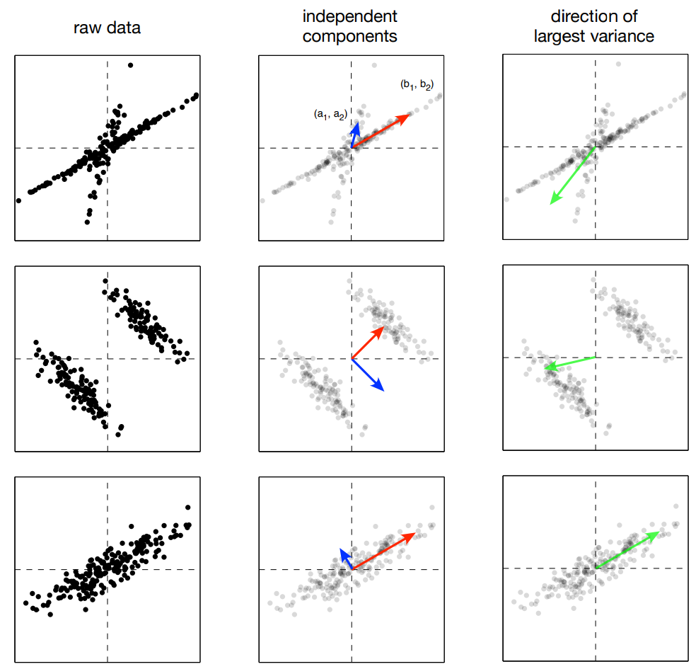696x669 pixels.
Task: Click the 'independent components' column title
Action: tap(352, 26)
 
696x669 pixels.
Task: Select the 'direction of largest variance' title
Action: tap(595, 26)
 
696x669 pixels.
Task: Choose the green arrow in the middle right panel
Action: tap(570, 362)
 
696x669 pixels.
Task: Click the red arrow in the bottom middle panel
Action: tap(383, 551)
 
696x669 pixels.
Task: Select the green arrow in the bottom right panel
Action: tap(627, 550)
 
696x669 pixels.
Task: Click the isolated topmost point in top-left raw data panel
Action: tap(131, 65)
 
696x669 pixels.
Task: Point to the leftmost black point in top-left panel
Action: tap(18, 200)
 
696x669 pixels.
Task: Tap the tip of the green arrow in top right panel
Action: tap(552, 203)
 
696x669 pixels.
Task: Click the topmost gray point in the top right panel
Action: tap(619, 64)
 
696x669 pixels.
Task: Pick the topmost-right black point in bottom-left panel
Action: tap(187, 507)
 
